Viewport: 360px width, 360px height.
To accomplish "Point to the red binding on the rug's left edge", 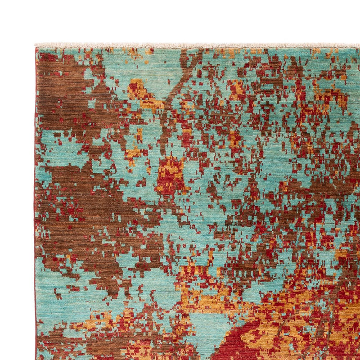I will point(35,202).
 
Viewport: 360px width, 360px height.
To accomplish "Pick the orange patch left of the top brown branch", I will point(137,90).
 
